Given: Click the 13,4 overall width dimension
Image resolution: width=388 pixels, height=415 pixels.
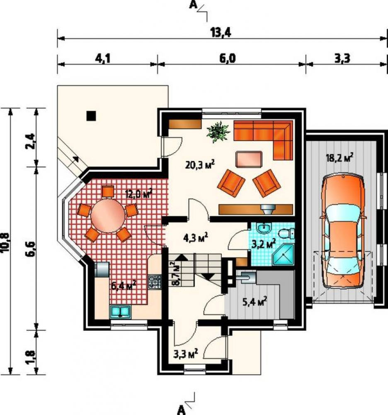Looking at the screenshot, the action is click(x=221, y=32).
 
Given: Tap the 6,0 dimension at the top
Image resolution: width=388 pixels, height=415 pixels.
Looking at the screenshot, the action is click(x=227, y=58).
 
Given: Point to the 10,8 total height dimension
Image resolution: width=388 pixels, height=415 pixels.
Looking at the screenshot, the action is click(x=5, y=243).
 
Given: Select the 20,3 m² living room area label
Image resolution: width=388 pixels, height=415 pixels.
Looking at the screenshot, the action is click(x=200, y=165).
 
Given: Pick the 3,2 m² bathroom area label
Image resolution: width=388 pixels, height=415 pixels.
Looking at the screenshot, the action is click(x=263, y=244).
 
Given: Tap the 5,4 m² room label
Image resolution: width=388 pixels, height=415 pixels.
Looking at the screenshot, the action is click(x=255, y=301).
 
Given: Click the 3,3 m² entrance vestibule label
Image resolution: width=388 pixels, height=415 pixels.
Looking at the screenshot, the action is click(x=186, y=353).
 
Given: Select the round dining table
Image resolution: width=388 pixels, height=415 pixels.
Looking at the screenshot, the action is click(x=108, y=215).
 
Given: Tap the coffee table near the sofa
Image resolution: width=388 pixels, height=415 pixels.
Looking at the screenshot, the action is click(x=249, y=159).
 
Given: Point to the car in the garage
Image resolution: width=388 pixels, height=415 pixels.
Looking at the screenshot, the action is click(x=343, y=231).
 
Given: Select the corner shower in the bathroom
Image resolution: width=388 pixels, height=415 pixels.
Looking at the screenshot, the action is click(x=283, y=255).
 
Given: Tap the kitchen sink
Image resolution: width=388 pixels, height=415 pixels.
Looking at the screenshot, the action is click(x=121, y=311).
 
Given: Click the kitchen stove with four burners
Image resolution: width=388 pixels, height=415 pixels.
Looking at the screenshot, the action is click(x=155, y=282).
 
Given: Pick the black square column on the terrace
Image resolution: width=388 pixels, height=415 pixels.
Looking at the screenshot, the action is click(x=92, y=116).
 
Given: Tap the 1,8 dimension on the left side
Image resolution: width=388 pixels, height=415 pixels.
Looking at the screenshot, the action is click(x=31, y=357).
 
